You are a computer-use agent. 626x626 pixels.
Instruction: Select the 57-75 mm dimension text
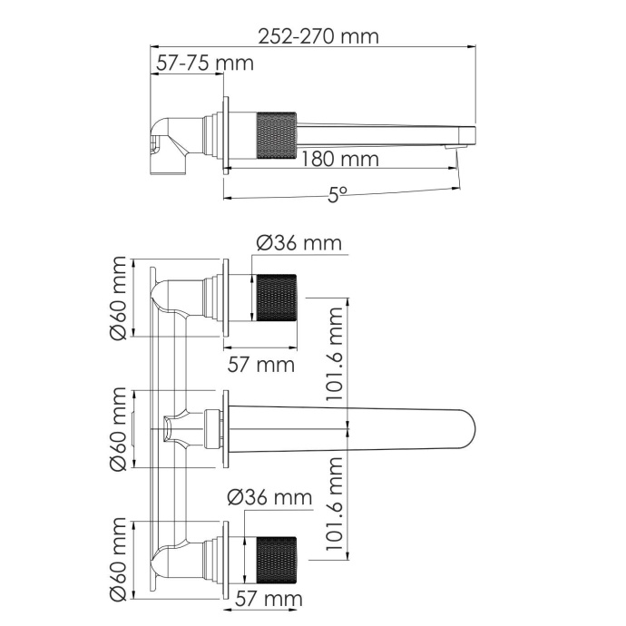[204, 64]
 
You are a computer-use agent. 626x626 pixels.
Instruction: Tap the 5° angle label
[337, 193]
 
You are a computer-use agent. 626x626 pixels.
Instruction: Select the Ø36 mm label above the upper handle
[298, 243]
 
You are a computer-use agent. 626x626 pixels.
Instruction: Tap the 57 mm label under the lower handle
[269, 600]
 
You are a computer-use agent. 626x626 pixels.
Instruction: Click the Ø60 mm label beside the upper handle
[117, 300]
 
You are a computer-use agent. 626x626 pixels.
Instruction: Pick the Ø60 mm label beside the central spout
[117, 429]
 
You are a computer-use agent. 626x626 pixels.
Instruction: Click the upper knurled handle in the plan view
[276, 298]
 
